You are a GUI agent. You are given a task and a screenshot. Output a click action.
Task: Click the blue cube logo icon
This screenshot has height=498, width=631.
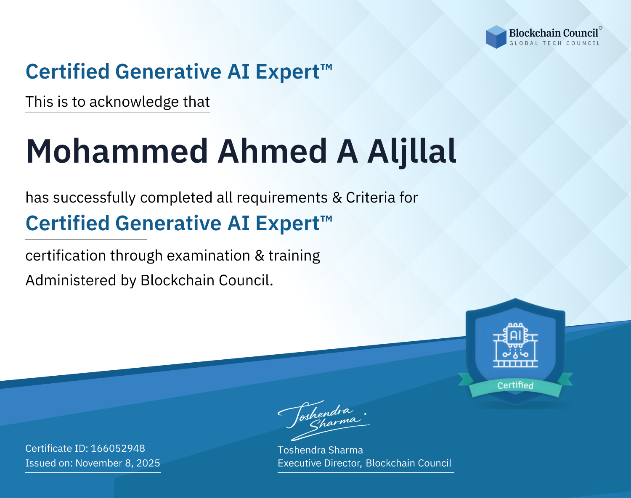[496, 37]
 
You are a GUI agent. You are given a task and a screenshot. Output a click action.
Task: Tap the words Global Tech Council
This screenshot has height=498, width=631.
[554, 43]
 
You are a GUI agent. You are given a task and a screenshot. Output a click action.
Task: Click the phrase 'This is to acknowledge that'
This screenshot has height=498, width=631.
[118, 102]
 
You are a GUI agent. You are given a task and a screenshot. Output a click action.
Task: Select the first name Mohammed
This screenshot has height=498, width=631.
[117, 151]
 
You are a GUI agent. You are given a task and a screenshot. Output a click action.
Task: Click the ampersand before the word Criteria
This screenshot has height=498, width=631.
[337, 198]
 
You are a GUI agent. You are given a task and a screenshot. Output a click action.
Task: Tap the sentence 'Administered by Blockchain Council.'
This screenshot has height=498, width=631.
[149, 280]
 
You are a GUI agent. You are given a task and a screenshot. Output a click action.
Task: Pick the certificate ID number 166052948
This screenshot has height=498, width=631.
[118, 448]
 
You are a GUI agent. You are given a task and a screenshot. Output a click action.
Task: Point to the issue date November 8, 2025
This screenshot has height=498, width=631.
[118, 463]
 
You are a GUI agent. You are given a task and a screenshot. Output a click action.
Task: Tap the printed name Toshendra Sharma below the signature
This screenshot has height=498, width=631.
[320, 450]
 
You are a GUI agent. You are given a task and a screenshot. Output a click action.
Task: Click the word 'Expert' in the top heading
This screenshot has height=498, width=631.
[287, 72]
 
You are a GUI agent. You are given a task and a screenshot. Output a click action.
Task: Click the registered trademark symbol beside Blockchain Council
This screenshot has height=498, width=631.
[600, 28]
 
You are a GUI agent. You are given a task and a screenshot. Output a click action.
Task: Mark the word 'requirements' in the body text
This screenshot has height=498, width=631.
[282, 198]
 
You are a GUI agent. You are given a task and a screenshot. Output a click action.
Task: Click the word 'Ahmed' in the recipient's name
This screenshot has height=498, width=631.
[272, 151]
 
